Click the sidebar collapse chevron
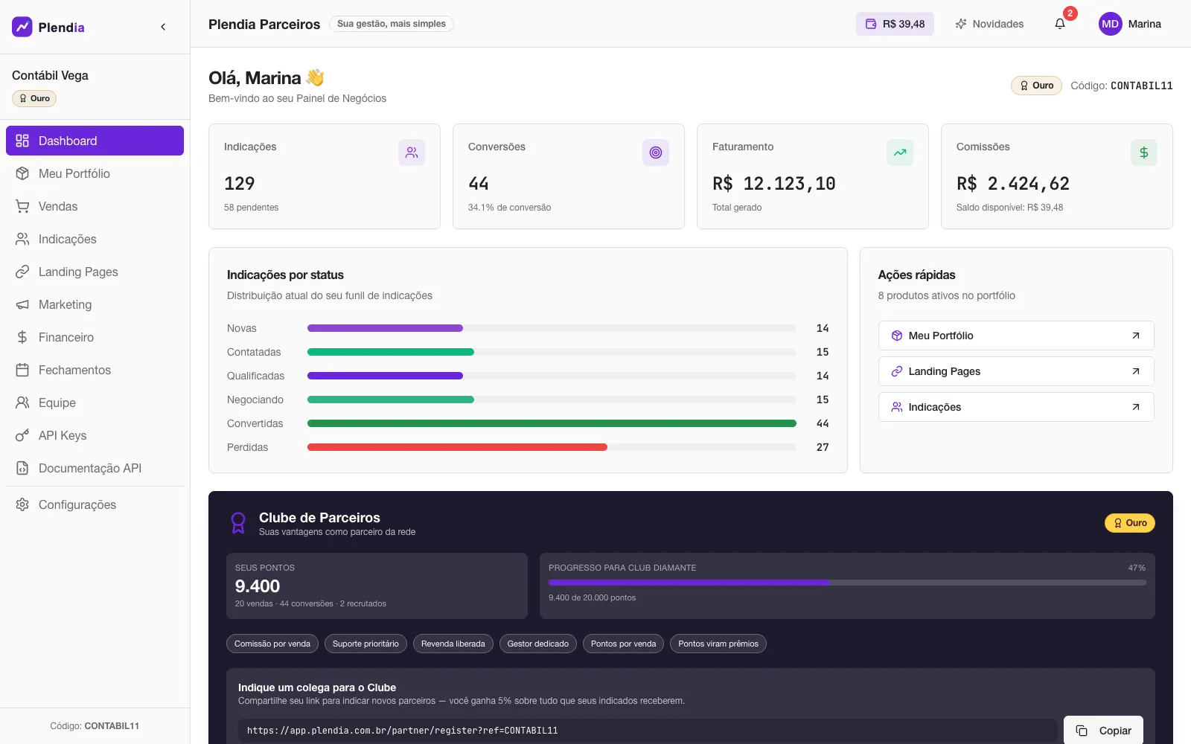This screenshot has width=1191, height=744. tap(163, 27)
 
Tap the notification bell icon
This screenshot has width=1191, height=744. tap(1060, 24)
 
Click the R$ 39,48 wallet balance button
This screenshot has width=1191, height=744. tap(895, 24)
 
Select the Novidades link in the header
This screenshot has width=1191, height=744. tap(989, 24)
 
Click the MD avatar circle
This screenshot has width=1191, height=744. tap(1110, 24)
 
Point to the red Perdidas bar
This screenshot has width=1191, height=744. tap(457, 447)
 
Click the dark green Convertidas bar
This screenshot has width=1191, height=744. tap(552, 423)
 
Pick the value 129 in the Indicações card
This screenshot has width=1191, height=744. tap(239, 183)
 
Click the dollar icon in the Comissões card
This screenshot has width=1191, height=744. tap(1143, 153)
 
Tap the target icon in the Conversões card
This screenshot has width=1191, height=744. tap(656, 153)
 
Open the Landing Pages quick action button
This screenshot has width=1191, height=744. tap(1016, 371)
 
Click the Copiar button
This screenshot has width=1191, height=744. tap(1103, 730)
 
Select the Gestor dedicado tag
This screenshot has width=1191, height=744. tap(537, 644)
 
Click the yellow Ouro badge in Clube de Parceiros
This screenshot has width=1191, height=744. tap(1130, 523)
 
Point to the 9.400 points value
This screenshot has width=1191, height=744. tap(258, 586)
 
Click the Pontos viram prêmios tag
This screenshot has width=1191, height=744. tap(718, 644)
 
